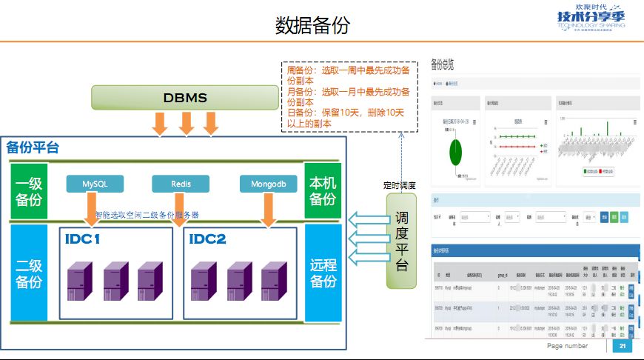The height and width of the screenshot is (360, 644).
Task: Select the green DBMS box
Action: pyautogui.click(x=184, y=98)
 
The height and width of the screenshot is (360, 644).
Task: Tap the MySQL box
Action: pyautogui.click(x=95, y=183)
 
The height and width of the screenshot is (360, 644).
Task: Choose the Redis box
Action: pyautogui.click(x=181, y=183)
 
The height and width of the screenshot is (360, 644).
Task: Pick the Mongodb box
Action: pyautogui.click(x=268, y=183)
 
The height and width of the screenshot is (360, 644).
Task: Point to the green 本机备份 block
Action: pyautogui.click(x=322, y=191)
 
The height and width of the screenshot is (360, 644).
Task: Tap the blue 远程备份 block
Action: pyautogui.click(x=322, y=273)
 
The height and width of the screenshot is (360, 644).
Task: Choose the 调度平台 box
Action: pyautogui.click(x=400, y=241)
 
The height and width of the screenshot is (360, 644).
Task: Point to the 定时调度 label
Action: pyautogui.click(x=400, y=185)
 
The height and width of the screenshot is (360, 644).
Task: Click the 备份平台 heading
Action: pyautogui.click(x=33, y=147)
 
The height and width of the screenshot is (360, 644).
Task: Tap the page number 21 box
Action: pyautogui.click(x=622, y=346)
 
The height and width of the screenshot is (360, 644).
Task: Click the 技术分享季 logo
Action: pyautogui.click(x=590, y=19)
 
